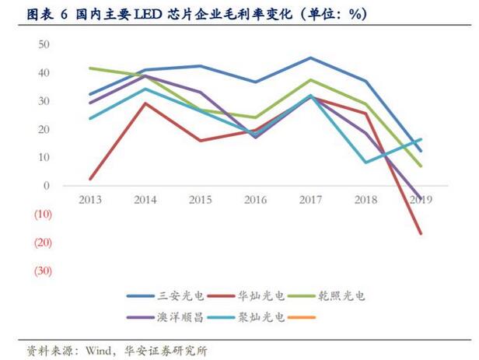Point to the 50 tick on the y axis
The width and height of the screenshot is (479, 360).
(44, 44)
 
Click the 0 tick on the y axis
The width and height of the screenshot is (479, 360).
(47, 186)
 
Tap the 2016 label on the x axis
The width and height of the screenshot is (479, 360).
(256, 199)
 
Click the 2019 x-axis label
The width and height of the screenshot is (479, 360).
(420, 199)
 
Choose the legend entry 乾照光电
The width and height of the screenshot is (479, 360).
(337, 296)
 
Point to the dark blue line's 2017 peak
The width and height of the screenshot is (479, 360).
(311, 58)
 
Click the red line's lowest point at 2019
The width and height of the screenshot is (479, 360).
(421, 233)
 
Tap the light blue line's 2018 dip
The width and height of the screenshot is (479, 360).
(365, 163)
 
